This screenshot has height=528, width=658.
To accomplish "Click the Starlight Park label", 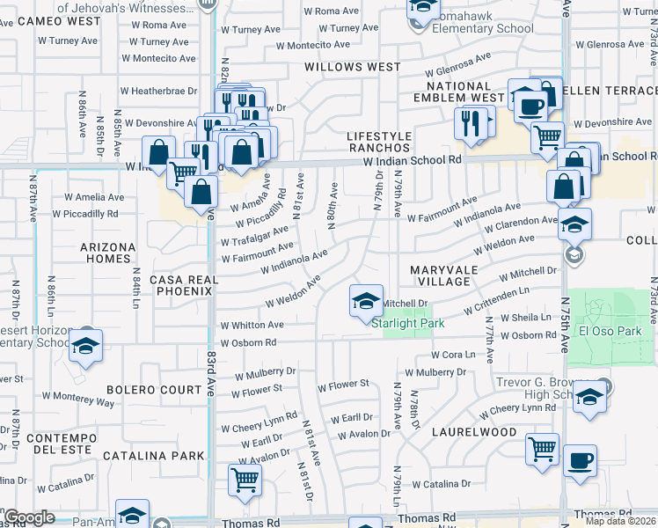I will pos(407,323).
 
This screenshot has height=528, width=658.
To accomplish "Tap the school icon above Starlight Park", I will pos(366,301).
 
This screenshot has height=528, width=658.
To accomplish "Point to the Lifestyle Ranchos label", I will pos(379,142).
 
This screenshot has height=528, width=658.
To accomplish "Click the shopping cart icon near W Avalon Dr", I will pos(245,480).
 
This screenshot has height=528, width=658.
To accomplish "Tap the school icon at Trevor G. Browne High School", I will pos(589,395).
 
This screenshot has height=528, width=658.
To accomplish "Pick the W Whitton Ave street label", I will pos(252,325).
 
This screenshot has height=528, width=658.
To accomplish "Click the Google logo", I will pos(29,518).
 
